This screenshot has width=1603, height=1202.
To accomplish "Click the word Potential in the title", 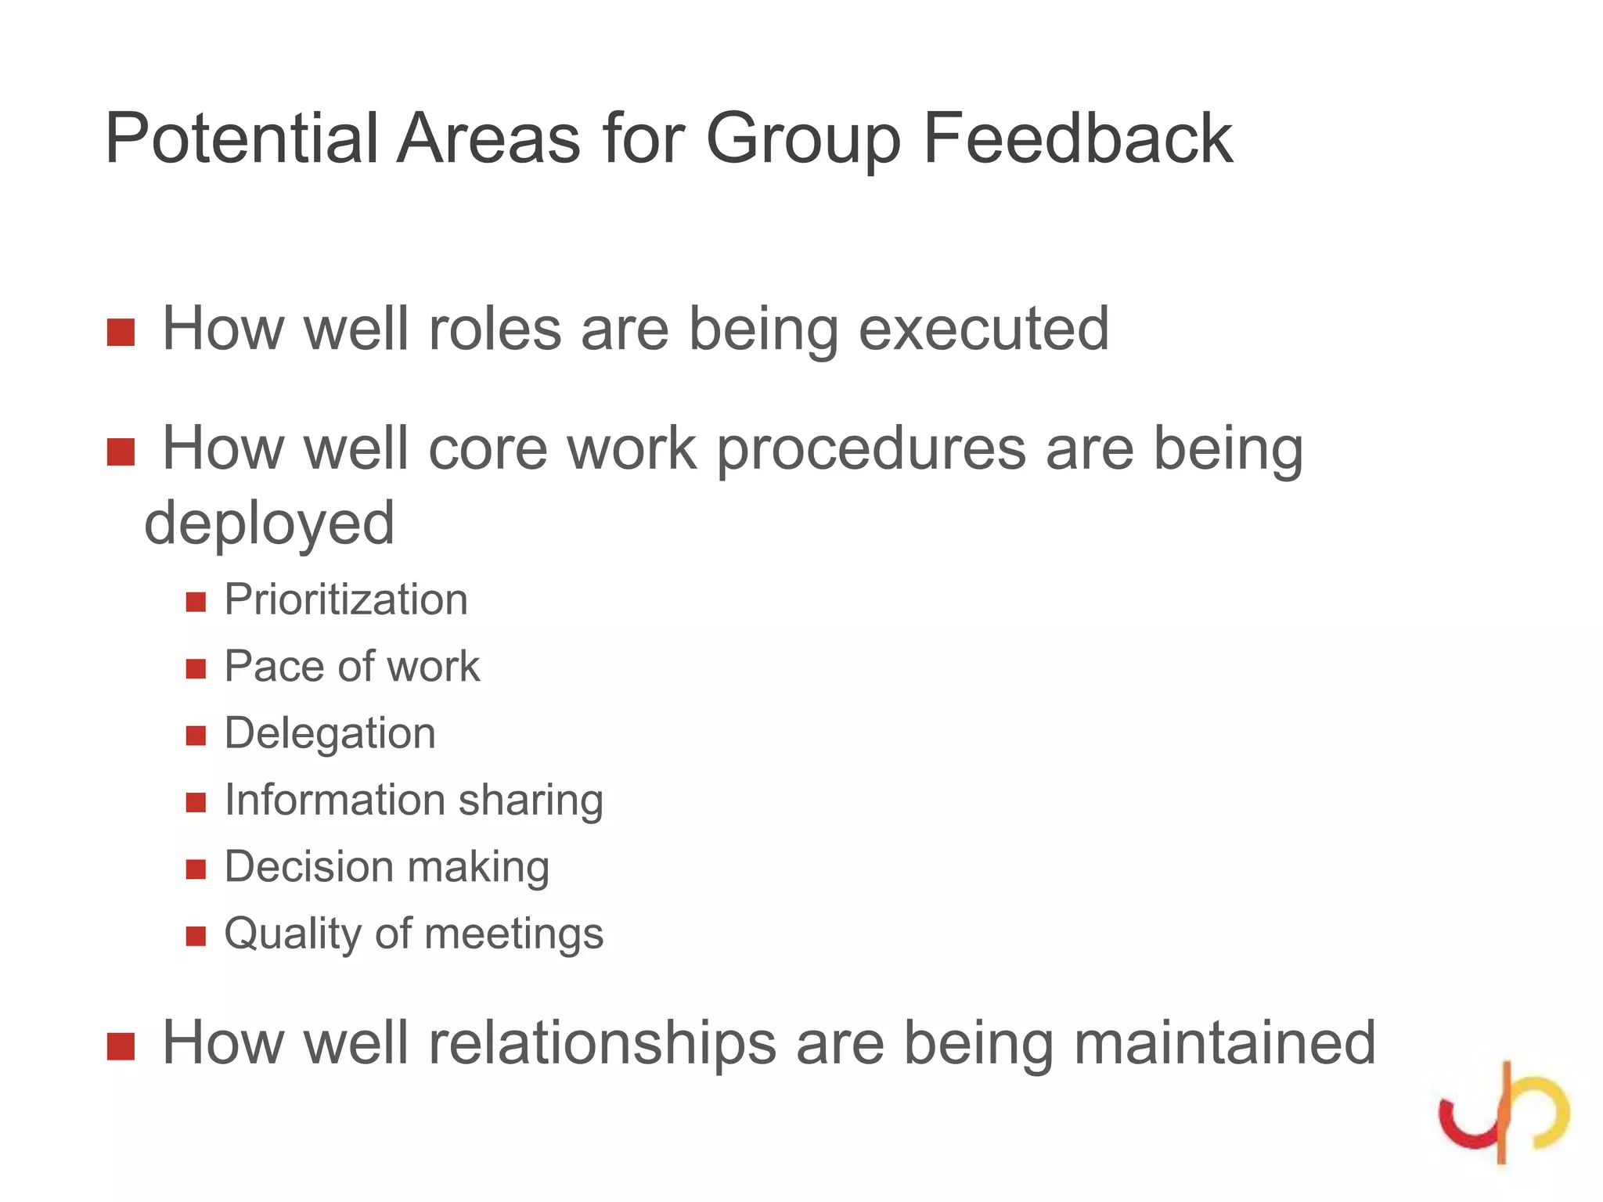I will (241, 139).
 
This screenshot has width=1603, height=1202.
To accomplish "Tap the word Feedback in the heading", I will (1078, 139).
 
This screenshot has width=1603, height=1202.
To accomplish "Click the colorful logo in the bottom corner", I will (1504, 1113).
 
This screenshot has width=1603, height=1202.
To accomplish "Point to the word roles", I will (495, 329).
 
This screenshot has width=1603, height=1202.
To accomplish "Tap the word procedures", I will (871, 450).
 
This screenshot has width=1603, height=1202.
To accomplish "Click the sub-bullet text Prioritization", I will (346, 600).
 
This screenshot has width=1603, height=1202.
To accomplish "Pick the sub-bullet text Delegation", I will (330, 734).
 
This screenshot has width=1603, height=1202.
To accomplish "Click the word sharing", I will (531, 801).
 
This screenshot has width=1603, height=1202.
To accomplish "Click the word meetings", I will (513, 934).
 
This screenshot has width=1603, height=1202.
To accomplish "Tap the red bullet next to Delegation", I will (196, 736).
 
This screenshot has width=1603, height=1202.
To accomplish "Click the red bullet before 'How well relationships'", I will (121, 1047).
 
